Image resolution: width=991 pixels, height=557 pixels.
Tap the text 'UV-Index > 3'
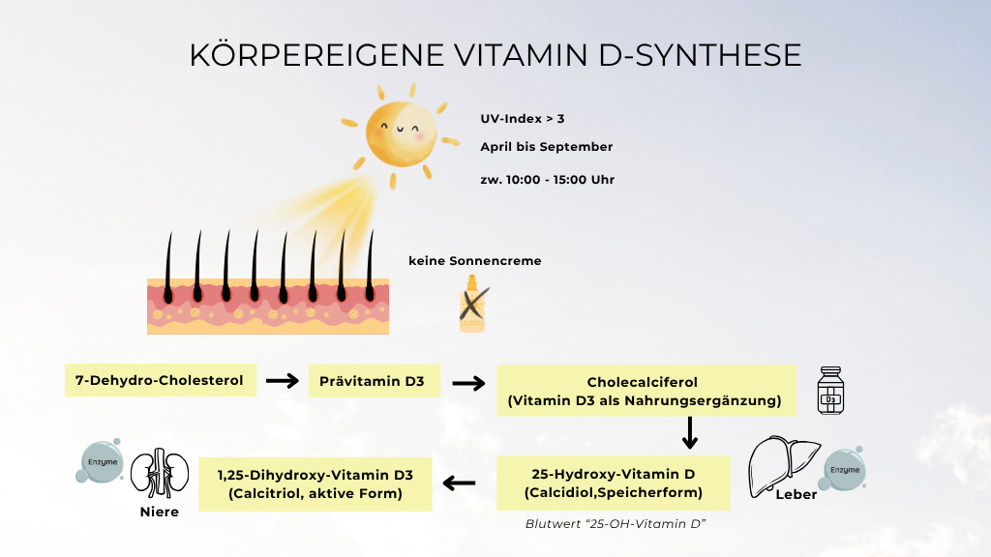click(523, 119)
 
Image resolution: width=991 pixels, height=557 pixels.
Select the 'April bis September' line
click(547, 147)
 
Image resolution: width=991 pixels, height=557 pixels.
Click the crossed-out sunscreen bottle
click(472, 304)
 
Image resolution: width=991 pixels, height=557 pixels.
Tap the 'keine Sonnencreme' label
click(474, 261)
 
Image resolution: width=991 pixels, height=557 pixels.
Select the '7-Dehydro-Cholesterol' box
click(160, 380)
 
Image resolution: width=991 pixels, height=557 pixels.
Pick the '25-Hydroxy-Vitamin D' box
click(614, 484)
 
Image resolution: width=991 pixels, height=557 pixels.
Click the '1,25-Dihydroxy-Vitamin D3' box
click(315, 484)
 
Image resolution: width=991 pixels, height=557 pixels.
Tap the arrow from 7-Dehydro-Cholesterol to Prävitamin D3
click(283, 381)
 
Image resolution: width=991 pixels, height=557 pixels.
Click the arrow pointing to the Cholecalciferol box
click(468, 383)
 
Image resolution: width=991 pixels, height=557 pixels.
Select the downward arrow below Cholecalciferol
click(690, 433)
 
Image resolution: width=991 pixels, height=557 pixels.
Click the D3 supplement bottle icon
click(830, 392)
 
